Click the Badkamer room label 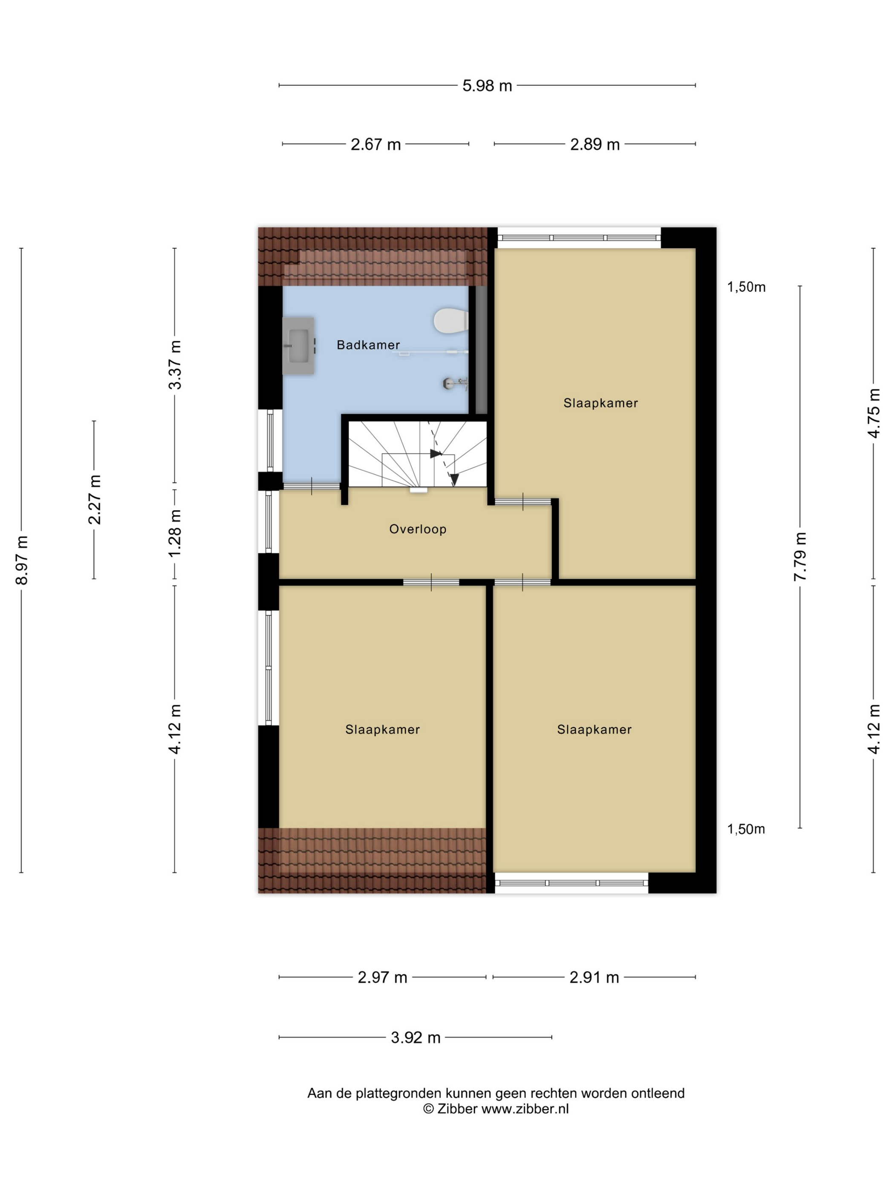[x=368, y=345]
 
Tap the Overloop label [x=418, y=529]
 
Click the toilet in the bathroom [x=450, y=320]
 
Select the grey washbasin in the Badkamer [x=298, y=345]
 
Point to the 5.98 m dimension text [x=487, y=86]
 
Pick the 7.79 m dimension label [x=800, y=556]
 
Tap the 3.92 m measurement [x=416, y=1037]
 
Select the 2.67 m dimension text [x=375, y=144]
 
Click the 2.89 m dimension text [x=595, y=144]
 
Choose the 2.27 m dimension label [x=95, y=499]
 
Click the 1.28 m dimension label [x=175, y=533]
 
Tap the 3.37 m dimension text [x=175, y=365]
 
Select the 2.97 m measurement [x=382, y=977]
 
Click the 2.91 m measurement [x=594, y=977]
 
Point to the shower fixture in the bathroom [x=455, y=383]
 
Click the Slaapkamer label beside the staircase [x=601, y=403]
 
